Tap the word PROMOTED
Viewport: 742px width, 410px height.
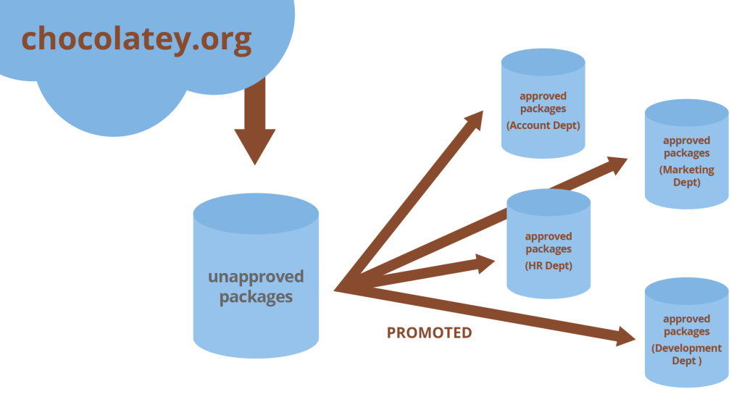pos(429,333)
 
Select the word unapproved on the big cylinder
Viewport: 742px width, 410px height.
pos(256,277)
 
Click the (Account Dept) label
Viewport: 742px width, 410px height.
pos(543,125)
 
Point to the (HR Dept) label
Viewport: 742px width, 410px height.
pos(549,266)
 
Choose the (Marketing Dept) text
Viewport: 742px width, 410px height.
pos(686,176)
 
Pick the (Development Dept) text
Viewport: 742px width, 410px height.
pos(686,354)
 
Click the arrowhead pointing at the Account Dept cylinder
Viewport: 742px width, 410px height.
pos(475,120)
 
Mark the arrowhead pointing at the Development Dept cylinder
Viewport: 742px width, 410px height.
pos(625,335)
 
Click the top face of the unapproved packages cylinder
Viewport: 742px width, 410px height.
pos(256,212)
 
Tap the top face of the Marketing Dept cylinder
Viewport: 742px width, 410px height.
pos(686,112)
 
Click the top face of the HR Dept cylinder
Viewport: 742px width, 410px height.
pos(549,201)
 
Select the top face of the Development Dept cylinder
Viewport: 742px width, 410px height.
pos(686,290)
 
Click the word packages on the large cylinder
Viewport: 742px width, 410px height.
pos(256,297)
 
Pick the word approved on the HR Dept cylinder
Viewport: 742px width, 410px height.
pos(549,236)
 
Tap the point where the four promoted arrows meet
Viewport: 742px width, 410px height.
pos(338,290)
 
